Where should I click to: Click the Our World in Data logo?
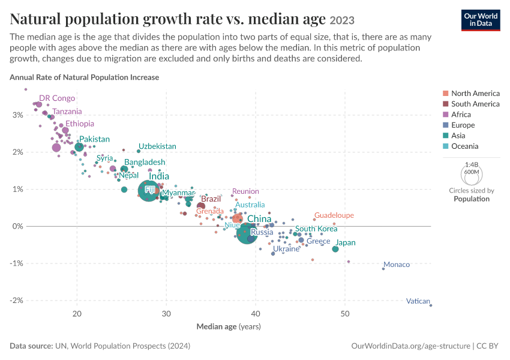tap(481, 20)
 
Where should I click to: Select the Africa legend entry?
tap(457, 115)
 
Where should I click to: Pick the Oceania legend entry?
tap(461, 146)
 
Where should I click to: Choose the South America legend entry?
tap(471, 104)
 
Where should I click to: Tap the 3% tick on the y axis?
tap(18, 115)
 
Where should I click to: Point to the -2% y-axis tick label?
tap(16, 300)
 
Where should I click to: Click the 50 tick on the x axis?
tap(345, 313)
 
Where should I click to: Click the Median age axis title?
tap(229, 326)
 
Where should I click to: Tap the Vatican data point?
tap(431, 305)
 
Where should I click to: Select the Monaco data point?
tap(383, 269)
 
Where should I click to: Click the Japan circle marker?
tap(335, 249)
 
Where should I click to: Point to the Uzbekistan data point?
tap(139, 151)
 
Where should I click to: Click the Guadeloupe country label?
tap(334, 215)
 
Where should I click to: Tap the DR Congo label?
tap(57, 98)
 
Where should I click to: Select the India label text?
tap(159, 176)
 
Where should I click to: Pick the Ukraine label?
tap(286, 249)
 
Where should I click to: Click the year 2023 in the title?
tap(342, 20)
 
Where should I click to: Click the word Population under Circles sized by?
tap(472, 199)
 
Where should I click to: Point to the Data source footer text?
tap(100, 346)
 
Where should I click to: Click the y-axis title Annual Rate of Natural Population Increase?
tap(84, 77)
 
